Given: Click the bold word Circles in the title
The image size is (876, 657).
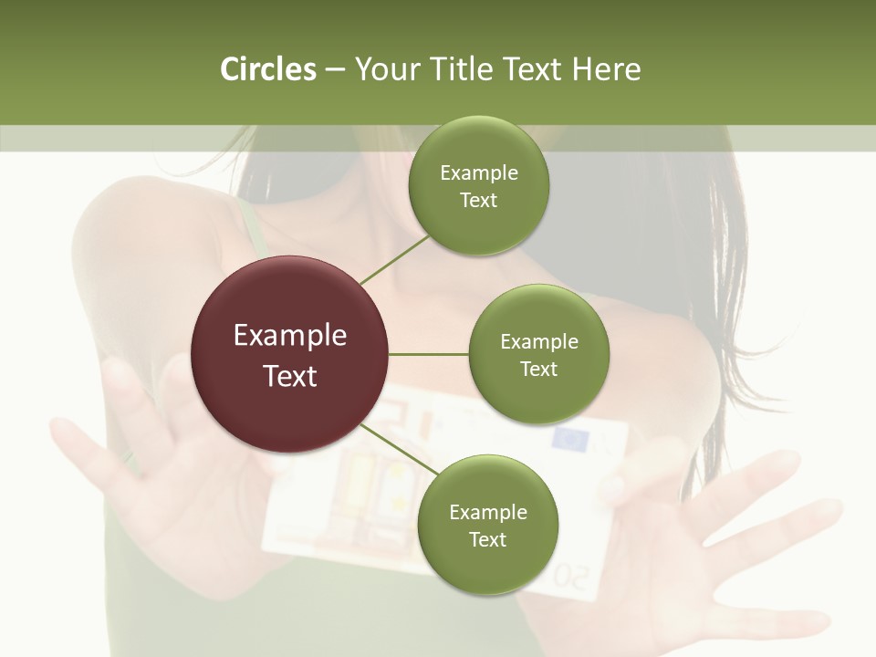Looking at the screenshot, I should [x=268, y=69].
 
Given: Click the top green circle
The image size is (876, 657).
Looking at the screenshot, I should [x=478, y=186].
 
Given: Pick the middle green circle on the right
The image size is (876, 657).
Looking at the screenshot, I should [x=538, y=354].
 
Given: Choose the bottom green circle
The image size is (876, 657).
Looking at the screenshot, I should [x=487, y=526].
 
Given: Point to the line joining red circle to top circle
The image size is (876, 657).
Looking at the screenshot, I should [x=394, y=259].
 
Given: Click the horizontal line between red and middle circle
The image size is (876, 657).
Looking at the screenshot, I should [x=429, y=354].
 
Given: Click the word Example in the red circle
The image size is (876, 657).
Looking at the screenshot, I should [x=290, y=336].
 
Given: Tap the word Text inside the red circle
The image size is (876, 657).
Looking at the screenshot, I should [x=290, y=376].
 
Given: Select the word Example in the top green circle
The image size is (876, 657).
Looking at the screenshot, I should [x=479, y=173].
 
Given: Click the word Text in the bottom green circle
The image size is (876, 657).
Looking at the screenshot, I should [x=487, y=539].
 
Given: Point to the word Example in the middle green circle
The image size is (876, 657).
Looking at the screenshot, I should [x=539, y=342].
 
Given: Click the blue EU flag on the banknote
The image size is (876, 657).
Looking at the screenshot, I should [x=572, y=440].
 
